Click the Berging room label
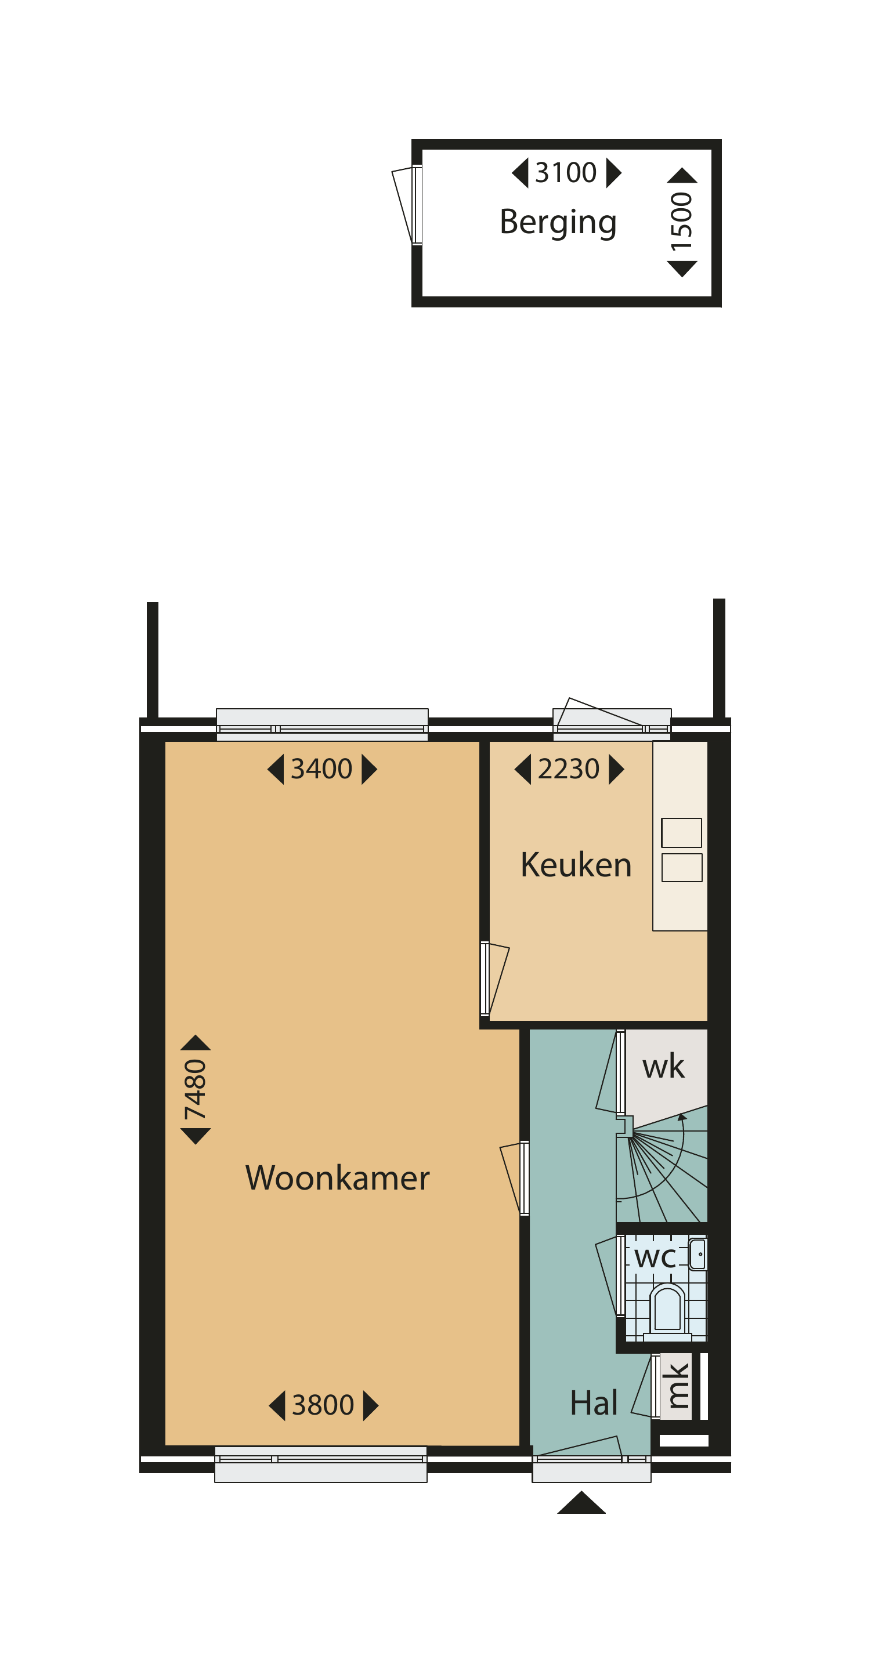(x=558, y=223)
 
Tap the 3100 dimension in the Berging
(x=565, y=173)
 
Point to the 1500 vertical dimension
(x=682, y=222)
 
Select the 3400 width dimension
(x=321, y=768)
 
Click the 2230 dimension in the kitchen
(x=569, y=768)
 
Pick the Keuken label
(x=576, y=865)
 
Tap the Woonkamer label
(x=338, y=1178)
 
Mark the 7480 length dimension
(x=195, y=1089)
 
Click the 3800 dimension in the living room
(x=323, y=1405)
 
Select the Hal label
(x=594, y=1403)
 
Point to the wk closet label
(x=663, y=1067)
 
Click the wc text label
(x=655, y=1257)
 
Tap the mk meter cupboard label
(x=677, y=1386)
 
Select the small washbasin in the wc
(x=697, y=1255)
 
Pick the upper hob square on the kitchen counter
(x=681, y=833)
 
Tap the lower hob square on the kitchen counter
(x=681, y=868)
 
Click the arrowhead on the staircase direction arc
(x=682, y=1117)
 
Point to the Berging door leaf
(x=403, y=204)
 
